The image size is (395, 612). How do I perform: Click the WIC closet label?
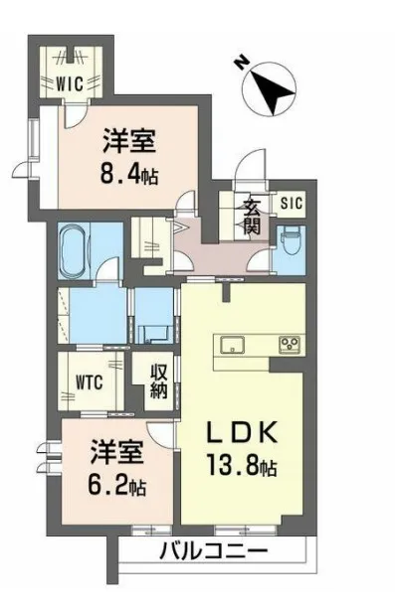(70, 83)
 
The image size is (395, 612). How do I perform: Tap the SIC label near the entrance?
(292, 203)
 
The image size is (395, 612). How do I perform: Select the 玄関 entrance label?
(252, 217)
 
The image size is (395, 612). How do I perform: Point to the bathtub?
(74, 250)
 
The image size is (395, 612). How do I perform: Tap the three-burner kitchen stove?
(290, 345)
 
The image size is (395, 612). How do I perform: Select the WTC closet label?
(90, 382)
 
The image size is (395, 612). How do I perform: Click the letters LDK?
(242, 432)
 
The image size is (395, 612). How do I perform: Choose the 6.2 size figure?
(108, 485)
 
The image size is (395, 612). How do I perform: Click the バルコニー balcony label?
(214, 552)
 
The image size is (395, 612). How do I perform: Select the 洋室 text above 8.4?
(129, 142)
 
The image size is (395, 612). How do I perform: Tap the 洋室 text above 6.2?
(117, 453)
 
